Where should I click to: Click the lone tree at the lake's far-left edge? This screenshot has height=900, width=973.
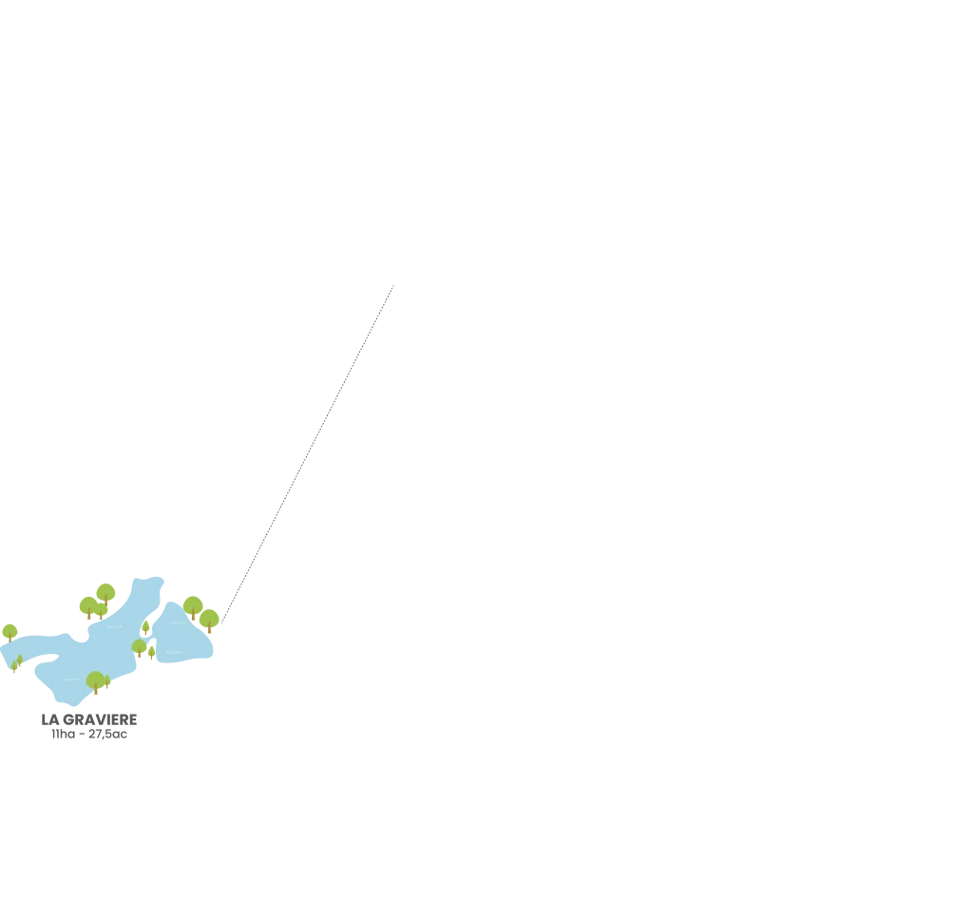10,632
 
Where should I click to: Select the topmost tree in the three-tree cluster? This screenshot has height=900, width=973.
105,593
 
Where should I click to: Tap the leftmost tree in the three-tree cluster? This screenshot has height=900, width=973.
87,606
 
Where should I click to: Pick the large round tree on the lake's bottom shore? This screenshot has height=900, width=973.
95,680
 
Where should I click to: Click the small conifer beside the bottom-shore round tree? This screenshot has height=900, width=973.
108,682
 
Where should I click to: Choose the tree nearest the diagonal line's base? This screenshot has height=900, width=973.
210,621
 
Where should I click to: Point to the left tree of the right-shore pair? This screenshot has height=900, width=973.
193,606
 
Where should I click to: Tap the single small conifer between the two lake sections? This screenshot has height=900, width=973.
146,627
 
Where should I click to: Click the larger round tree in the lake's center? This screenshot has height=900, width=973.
140,648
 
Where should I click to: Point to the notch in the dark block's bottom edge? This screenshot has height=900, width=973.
87,739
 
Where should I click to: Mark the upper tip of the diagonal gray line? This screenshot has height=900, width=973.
391,283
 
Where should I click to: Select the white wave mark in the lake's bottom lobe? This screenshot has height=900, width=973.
70,680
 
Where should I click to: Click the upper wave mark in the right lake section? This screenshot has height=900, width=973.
177,623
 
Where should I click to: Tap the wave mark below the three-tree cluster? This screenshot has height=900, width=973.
114,626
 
